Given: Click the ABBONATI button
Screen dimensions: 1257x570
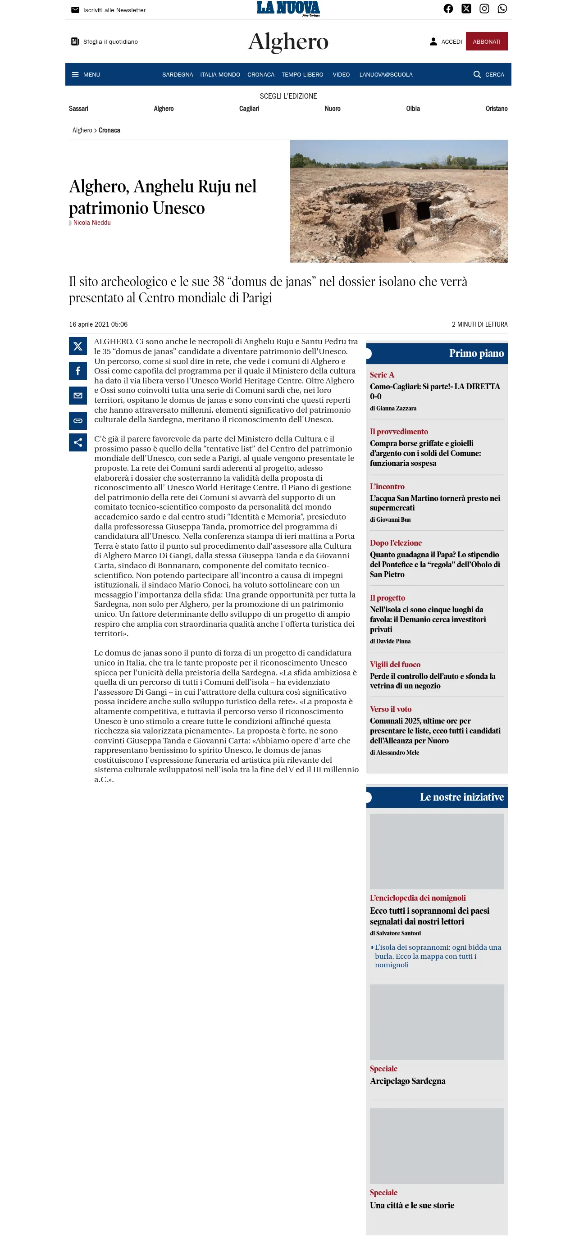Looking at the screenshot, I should click(x=486, y=41).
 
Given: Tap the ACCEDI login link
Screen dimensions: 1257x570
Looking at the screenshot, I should click(x=446, y=41).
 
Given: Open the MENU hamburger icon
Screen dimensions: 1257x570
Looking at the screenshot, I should click(x=75, y=75).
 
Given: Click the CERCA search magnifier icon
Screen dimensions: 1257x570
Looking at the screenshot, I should click(x=477, y=75).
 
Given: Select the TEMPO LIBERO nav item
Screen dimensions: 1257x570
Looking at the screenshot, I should click(x=302, y=75).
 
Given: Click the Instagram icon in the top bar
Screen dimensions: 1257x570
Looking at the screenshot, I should click(x=484, y=9).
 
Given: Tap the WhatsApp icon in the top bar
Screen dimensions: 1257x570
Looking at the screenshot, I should click(x=502, y=9).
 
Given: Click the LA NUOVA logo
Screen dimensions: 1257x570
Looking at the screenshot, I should click(x=288, y=8).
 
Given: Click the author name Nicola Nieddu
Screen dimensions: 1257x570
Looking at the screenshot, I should click(x=92, y=223).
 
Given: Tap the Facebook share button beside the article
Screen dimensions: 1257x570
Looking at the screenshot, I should click(x=78, y=371).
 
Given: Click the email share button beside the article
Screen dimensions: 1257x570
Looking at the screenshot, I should click(x=78, y=396).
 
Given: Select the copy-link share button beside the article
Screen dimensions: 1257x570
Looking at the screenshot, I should click(x=78, y=421).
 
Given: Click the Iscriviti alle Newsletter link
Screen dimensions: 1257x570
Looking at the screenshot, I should click(x=114, y=10).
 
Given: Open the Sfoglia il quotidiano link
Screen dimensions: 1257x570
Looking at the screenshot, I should click(x=110, y=42).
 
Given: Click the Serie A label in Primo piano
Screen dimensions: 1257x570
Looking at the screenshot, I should click(x=382, y=375).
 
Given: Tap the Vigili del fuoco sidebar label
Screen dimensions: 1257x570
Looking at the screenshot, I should click(x=395, y=665).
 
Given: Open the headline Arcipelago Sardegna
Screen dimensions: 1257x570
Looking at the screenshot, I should click(x=407, y=1081).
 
